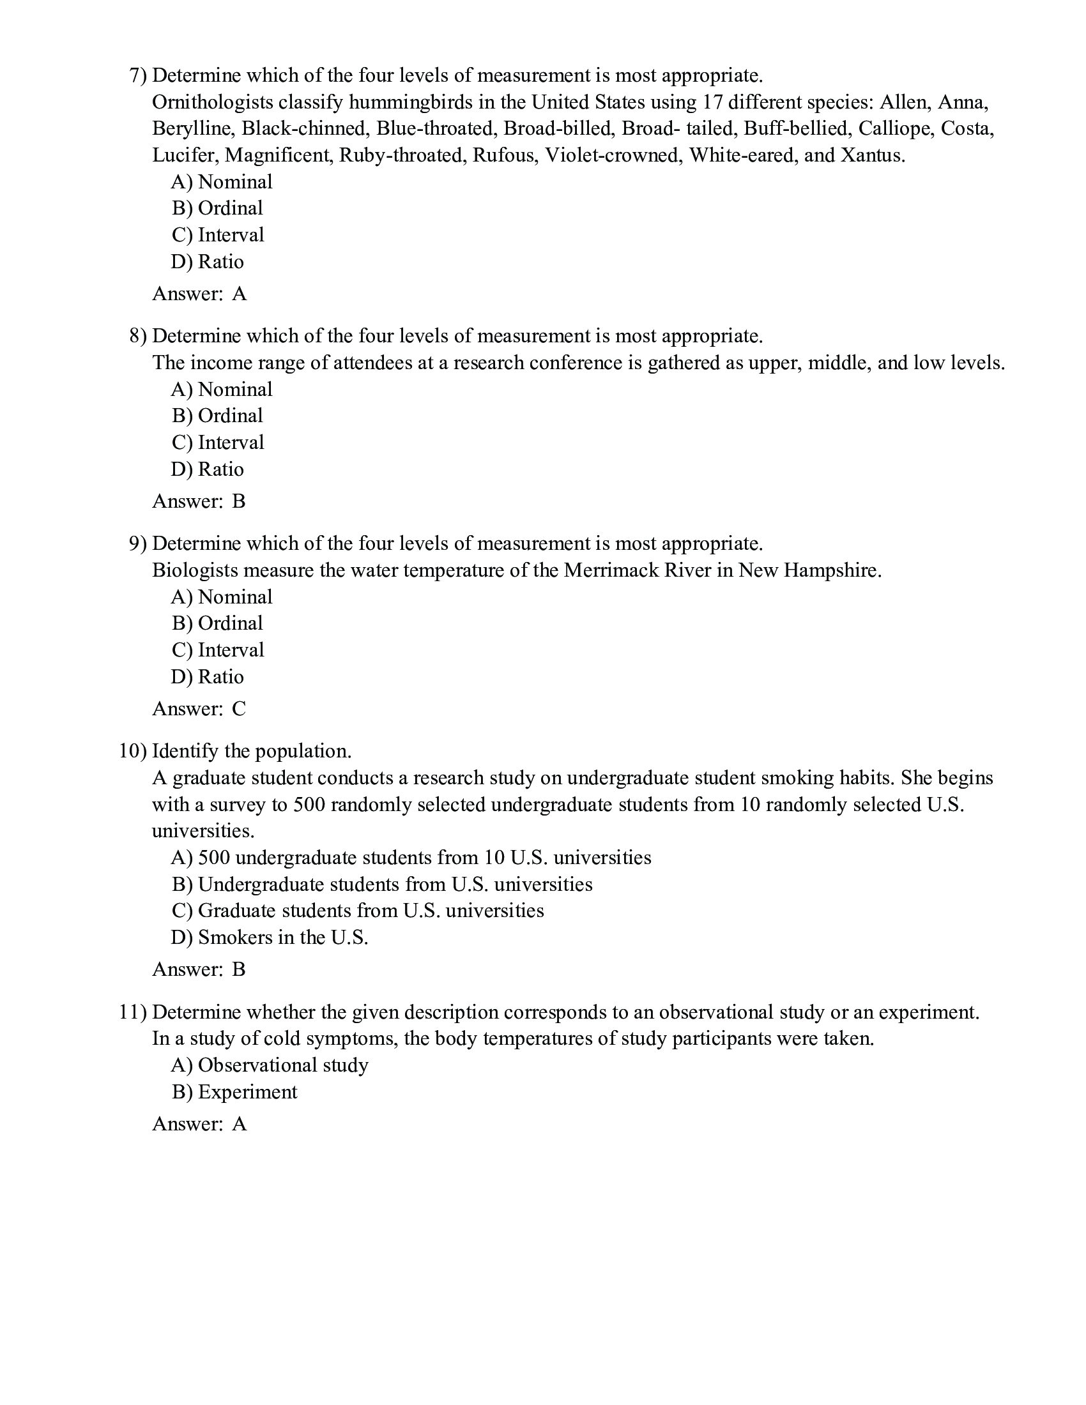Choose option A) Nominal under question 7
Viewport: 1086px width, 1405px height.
(222, 182)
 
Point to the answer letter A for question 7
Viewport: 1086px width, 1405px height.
(240, 294)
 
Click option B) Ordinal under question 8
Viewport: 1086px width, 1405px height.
(217, 416)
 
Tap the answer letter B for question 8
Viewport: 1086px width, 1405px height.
(239, 502)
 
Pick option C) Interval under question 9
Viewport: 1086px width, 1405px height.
(218, 650)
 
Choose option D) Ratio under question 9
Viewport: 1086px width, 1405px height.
(207, 677)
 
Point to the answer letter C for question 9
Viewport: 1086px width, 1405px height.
(239, 709)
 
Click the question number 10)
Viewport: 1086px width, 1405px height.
(133, 752)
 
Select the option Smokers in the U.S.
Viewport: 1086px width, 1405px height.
(270, 938)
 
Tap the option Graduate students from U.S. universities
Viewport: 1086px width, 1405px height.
(358, 911)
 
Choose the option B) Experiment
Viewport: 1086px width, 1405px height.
(235, 1092)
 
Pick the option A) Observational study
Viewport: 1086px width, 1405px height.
(270, 1065)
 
